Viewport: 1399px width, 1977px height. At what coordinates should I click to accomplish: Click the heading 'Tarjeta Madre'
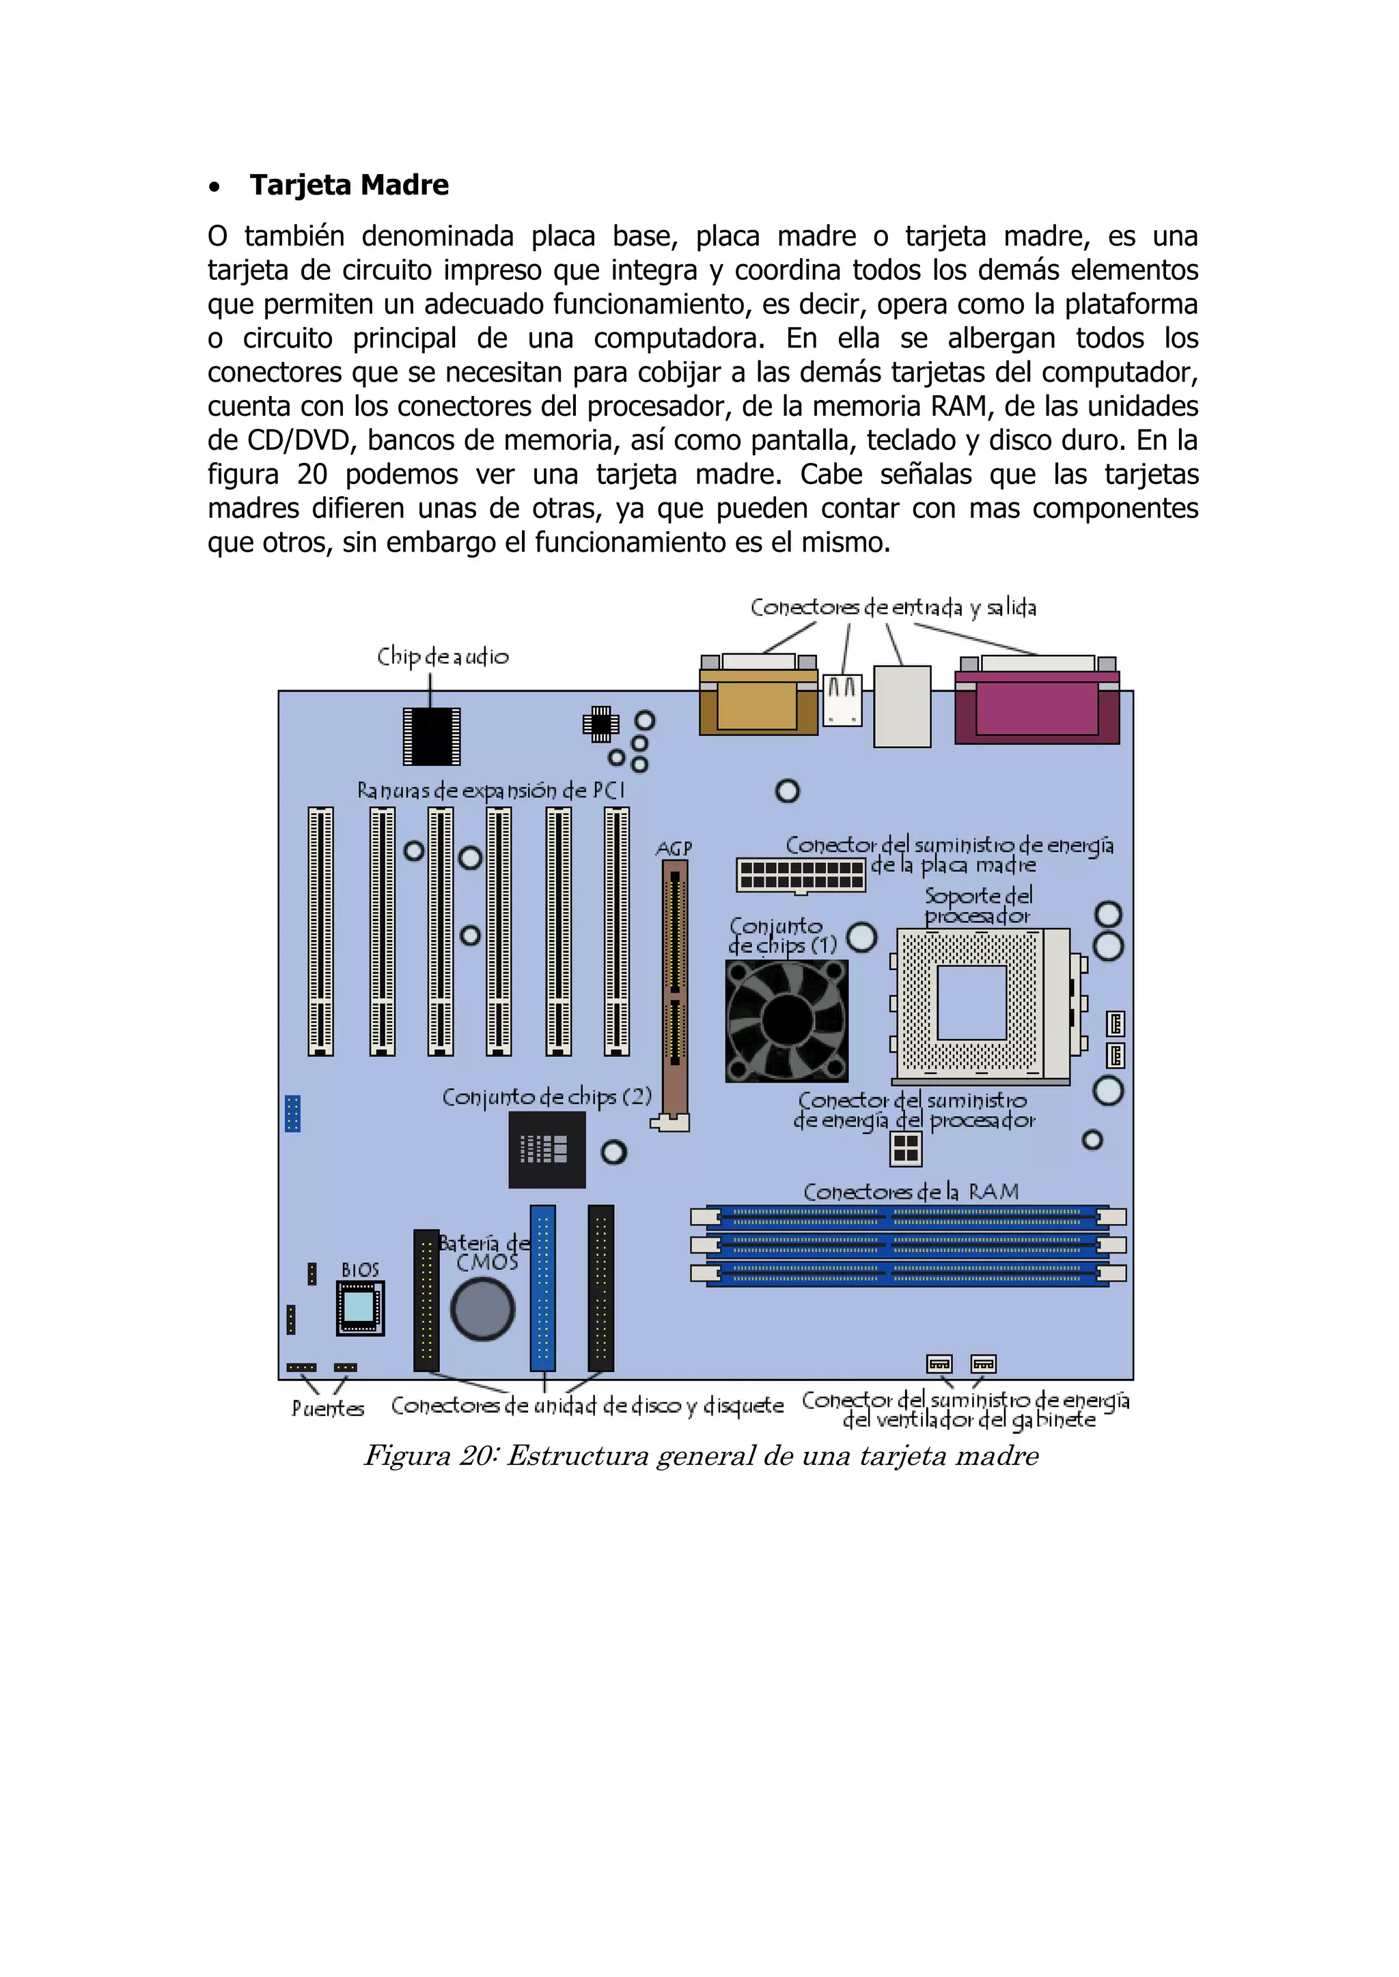pos(349,185)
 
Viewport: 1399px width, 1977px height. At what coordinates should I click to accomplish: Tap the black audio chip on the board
pos(432,736)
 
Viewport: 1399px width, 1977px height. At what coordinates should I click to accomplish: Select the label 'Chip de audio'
pos(443,656)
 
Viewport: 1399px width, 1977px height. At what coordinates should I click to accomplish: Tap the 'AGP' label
pos(674,849)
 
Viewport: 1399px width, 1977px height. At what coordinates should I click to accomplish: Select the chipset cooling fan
pos(786,1021)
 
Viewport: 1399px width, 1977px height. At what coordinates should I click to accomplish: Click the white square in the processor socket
pos(972,1002)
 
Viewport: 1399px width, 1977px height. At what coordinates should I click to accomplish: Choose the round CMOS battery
pos(482,1309)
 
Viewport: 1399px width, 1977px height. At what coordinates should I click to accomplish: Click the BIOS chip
pos(359,1308)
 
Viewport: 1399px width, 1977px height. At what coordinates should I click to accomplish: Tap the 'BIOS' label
pos(360,1270)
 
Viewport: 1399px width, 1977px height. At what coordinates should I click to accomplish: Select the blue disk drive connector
pos(542,1288)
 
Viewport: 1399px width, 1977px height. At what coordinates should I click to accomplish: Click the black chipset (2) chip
pos(546,1150)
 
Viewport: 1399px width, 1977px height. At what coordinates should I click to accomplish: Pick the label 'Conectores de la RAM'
pos(911,1192)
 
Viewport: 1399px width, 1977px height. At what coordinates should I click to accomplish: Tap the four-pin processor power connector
pos(905,1148)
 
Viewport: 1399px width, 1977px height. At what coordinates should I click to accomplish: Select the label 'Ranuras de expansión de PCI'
pos(490,791)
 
